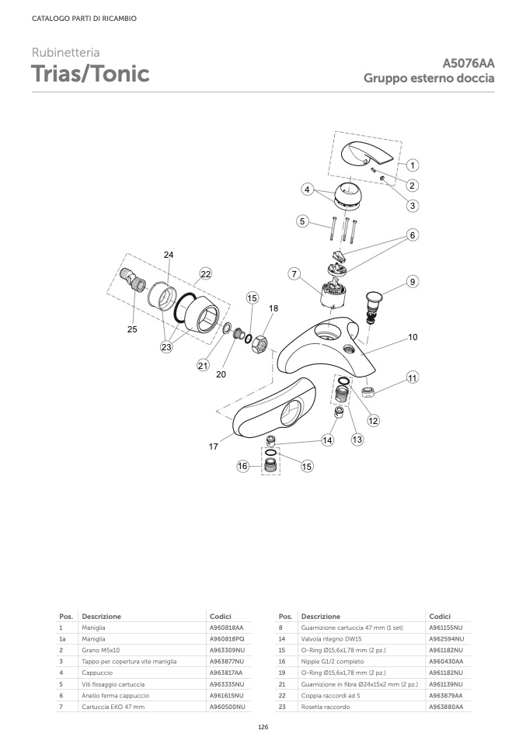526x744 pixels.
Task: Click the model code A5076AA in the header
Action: click(x=469, y=63)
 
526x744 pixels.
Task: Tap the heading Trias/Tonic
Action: click(x=90, y=74)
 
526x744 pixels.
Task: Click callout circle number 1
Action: click(x=413, y=165)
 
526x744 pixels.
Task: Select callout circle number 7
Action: click(x=294, y=274)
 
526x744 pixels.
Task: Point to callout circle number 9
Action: click(x=413, y=282)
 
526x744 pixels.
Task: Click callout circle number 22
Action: click(x=205, y=274)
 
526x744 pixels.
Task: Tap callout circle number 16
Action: click(x=242, y=466)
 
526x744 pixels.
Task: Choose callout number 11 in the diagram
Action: click(x=413, y=377)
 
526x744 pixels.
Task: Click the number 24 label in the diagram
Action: click(x=169, y=255)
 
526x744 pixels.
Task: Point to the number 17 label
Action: click(x=214, y=447)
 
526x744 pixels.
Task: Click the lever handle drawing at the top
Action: click(x=367, y=158)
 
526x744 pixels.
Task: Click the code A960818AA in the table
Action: click(x=227, y=628)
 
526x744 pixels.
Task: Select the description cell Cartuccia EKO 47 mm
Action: click(x=113, y=707)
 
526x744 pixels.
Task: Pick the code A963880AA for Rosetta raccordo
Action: click(x=446, y=707)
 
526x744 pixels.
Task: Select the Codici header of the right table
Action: click(x=440, y=617)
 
